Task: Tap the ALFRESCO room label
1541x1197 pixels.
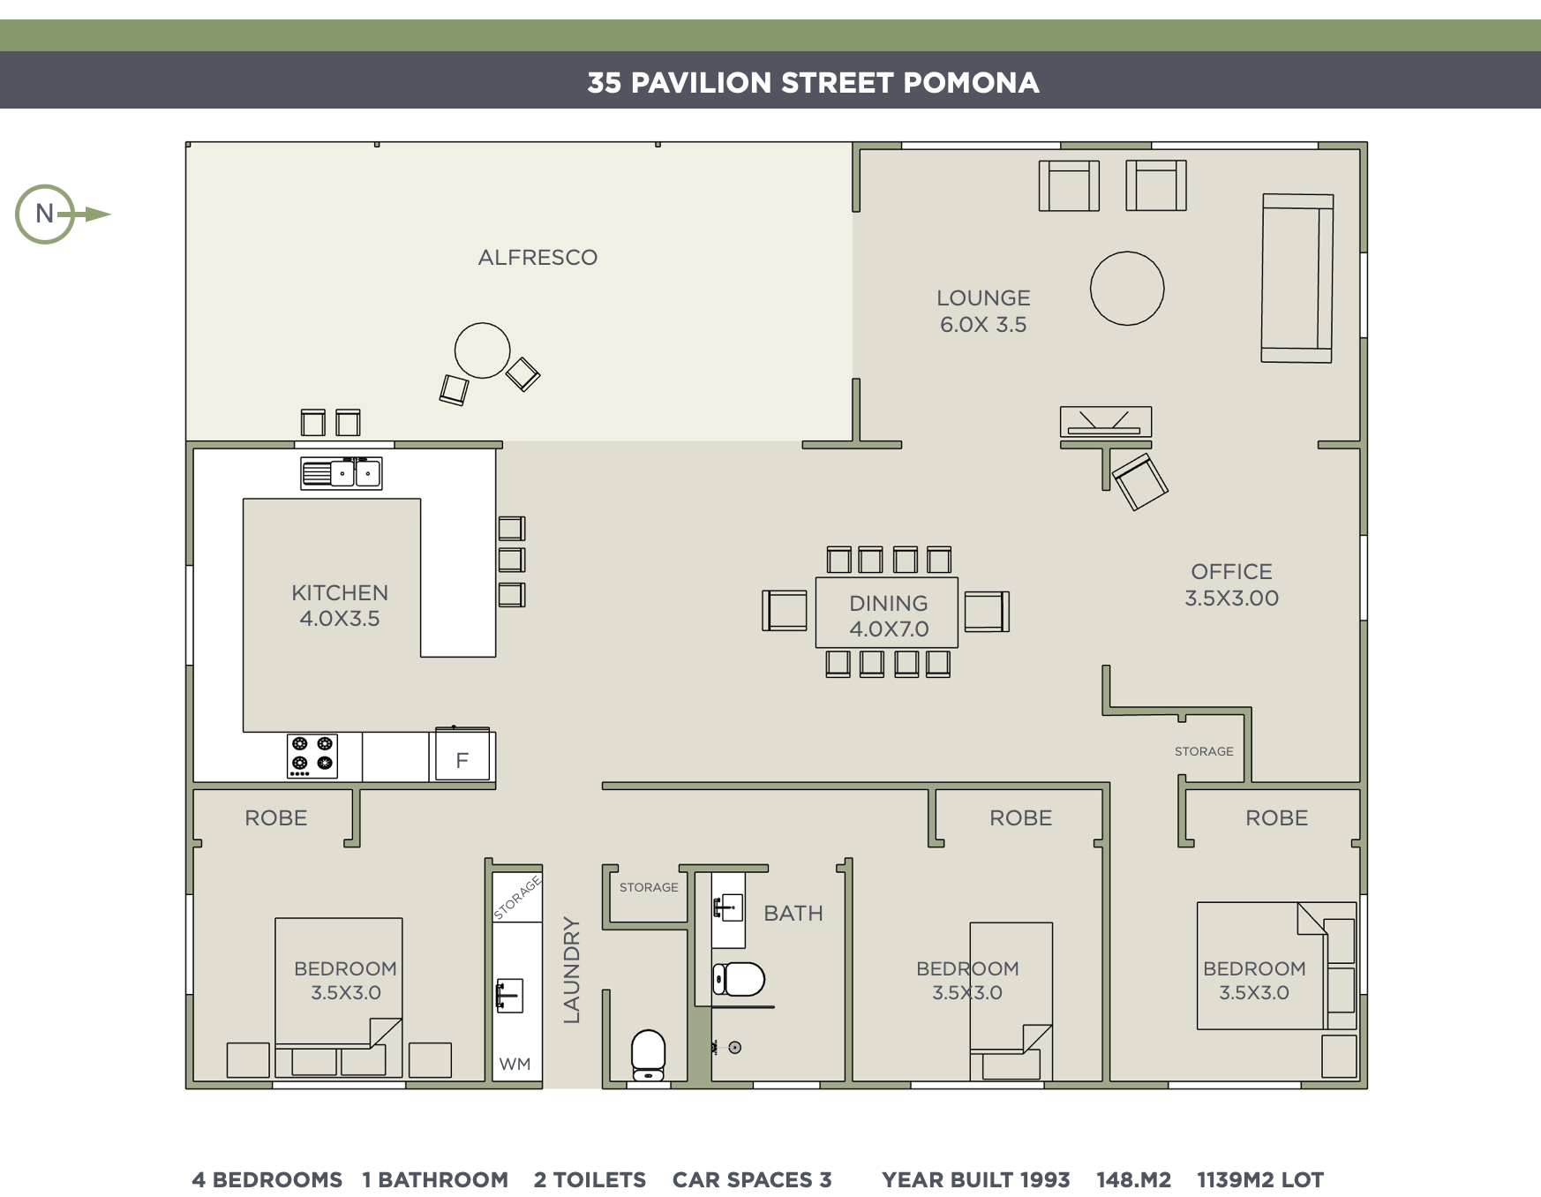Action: pos(537,258)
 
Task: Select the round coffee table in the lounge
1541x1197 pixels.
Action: pos(1127,289)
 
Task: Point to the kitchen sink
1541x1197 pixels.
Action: pos(342,474)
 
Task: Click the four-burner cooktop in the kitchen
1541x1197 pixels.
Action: pos(312,756)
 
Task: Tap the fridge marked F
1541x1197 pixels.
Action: pos(462,756)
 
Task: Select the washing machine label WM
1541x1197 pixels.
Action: pos(515,1064)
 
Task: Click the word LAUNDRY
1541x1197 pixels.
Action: pos(572,970)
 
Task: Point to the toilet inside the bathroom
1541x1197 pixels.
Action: pos(738,979)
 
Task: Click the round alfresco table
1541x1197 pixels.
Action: pos(482,350)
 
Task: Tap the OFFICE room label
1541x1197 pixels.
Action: pos(1231,572)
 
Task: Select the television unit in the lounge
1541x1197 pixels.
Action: pos(1106,421)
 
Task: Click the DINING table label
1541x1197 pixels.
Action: pos(889,604)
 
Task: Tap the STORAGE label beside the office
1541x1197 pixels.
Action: pos(1204,751)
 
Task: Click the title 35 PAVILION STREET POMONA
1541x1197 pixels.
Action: pos(814,82)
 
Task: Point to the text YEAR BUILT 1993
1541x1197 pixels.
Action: pos(975,1179)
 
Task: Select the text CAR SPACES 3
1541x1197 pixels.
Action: pos(752,1179)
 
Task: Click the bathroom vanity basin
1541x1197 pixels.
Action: pos(727,907)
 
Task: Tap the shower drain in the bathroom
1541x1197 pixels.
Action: pos(734,1048)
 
